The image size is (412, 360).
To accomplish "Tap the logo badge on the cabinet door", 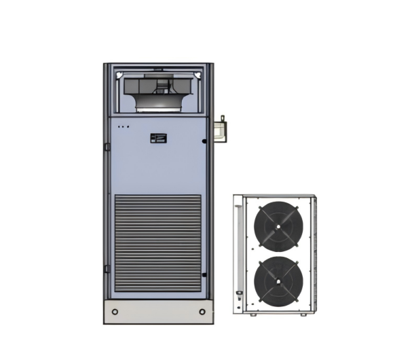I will pyautogui.click(x=157, y=138).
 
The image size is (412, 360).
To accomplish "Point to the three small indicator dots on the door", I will pyautogui.click(x=122, y=126).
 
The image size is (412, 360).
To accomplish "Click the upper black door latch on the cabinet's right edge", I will pyautogui.click(x=204, y=141).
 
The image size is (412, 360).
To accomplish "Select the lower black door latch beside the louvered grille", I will pyautogui.click(x=204, y=274).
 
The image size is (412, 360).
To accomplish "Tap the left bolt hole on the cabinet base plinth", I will pyautogui.click(x=115, y=312).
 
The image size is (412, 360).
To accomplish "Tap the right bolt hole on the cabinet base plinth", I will pyautogui.click(x=202, y=312).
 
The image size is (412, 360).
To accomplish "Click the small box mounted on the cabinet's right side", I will pyautogui.click(x=219, y=131).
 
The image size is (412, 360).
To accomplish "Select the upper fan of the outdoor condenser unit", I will pyautogui.click(x=278, y=225).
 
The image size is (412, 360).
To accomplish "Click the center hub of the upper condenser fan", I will pyautogui.click(x=278, y=226).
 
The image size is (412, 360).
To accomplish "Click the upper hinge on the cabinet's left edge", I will pyautogui.click(x=107, y=147).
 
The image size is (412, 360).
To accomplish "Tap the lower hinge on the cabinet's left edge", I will pyautogui.click(x=107, y=269).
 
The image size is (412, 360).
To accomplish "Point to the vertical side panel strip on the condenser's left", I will pyautogui.click(x=238, y=251).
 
